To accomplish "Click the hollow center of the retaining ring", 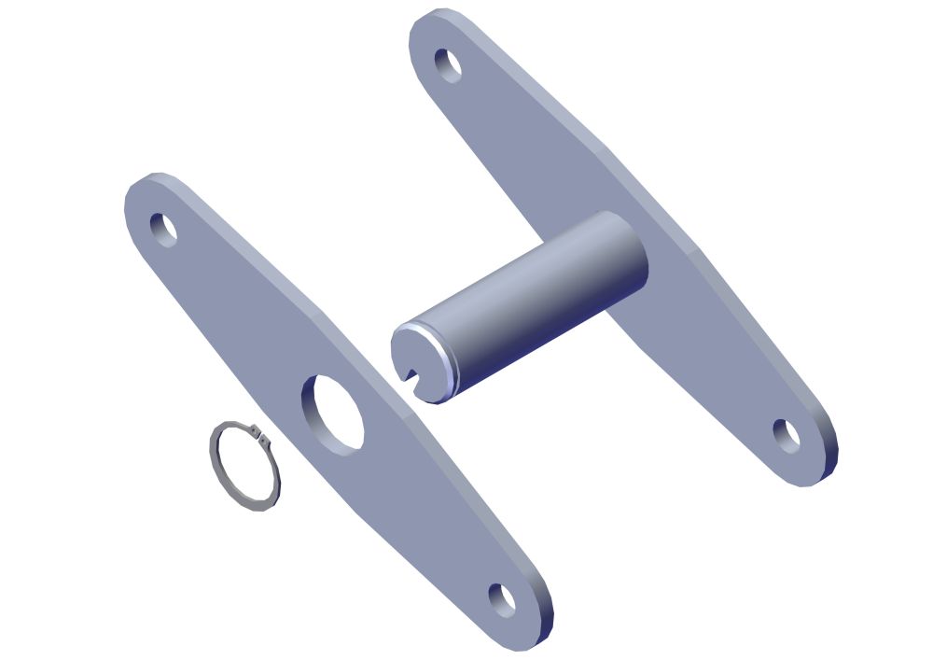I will coord(245,466).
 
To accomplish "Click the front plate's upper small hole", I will coord(163,228).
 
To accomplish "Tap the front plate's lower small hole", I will coord(502,599).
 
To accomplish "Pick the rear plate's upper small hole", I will coord(449,64).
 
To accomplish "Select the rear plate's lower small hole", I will coord(787,436).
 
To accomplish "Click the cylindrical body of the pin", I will coord(541,299).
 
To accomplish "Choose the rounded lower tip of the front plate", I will coord(527,635).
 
